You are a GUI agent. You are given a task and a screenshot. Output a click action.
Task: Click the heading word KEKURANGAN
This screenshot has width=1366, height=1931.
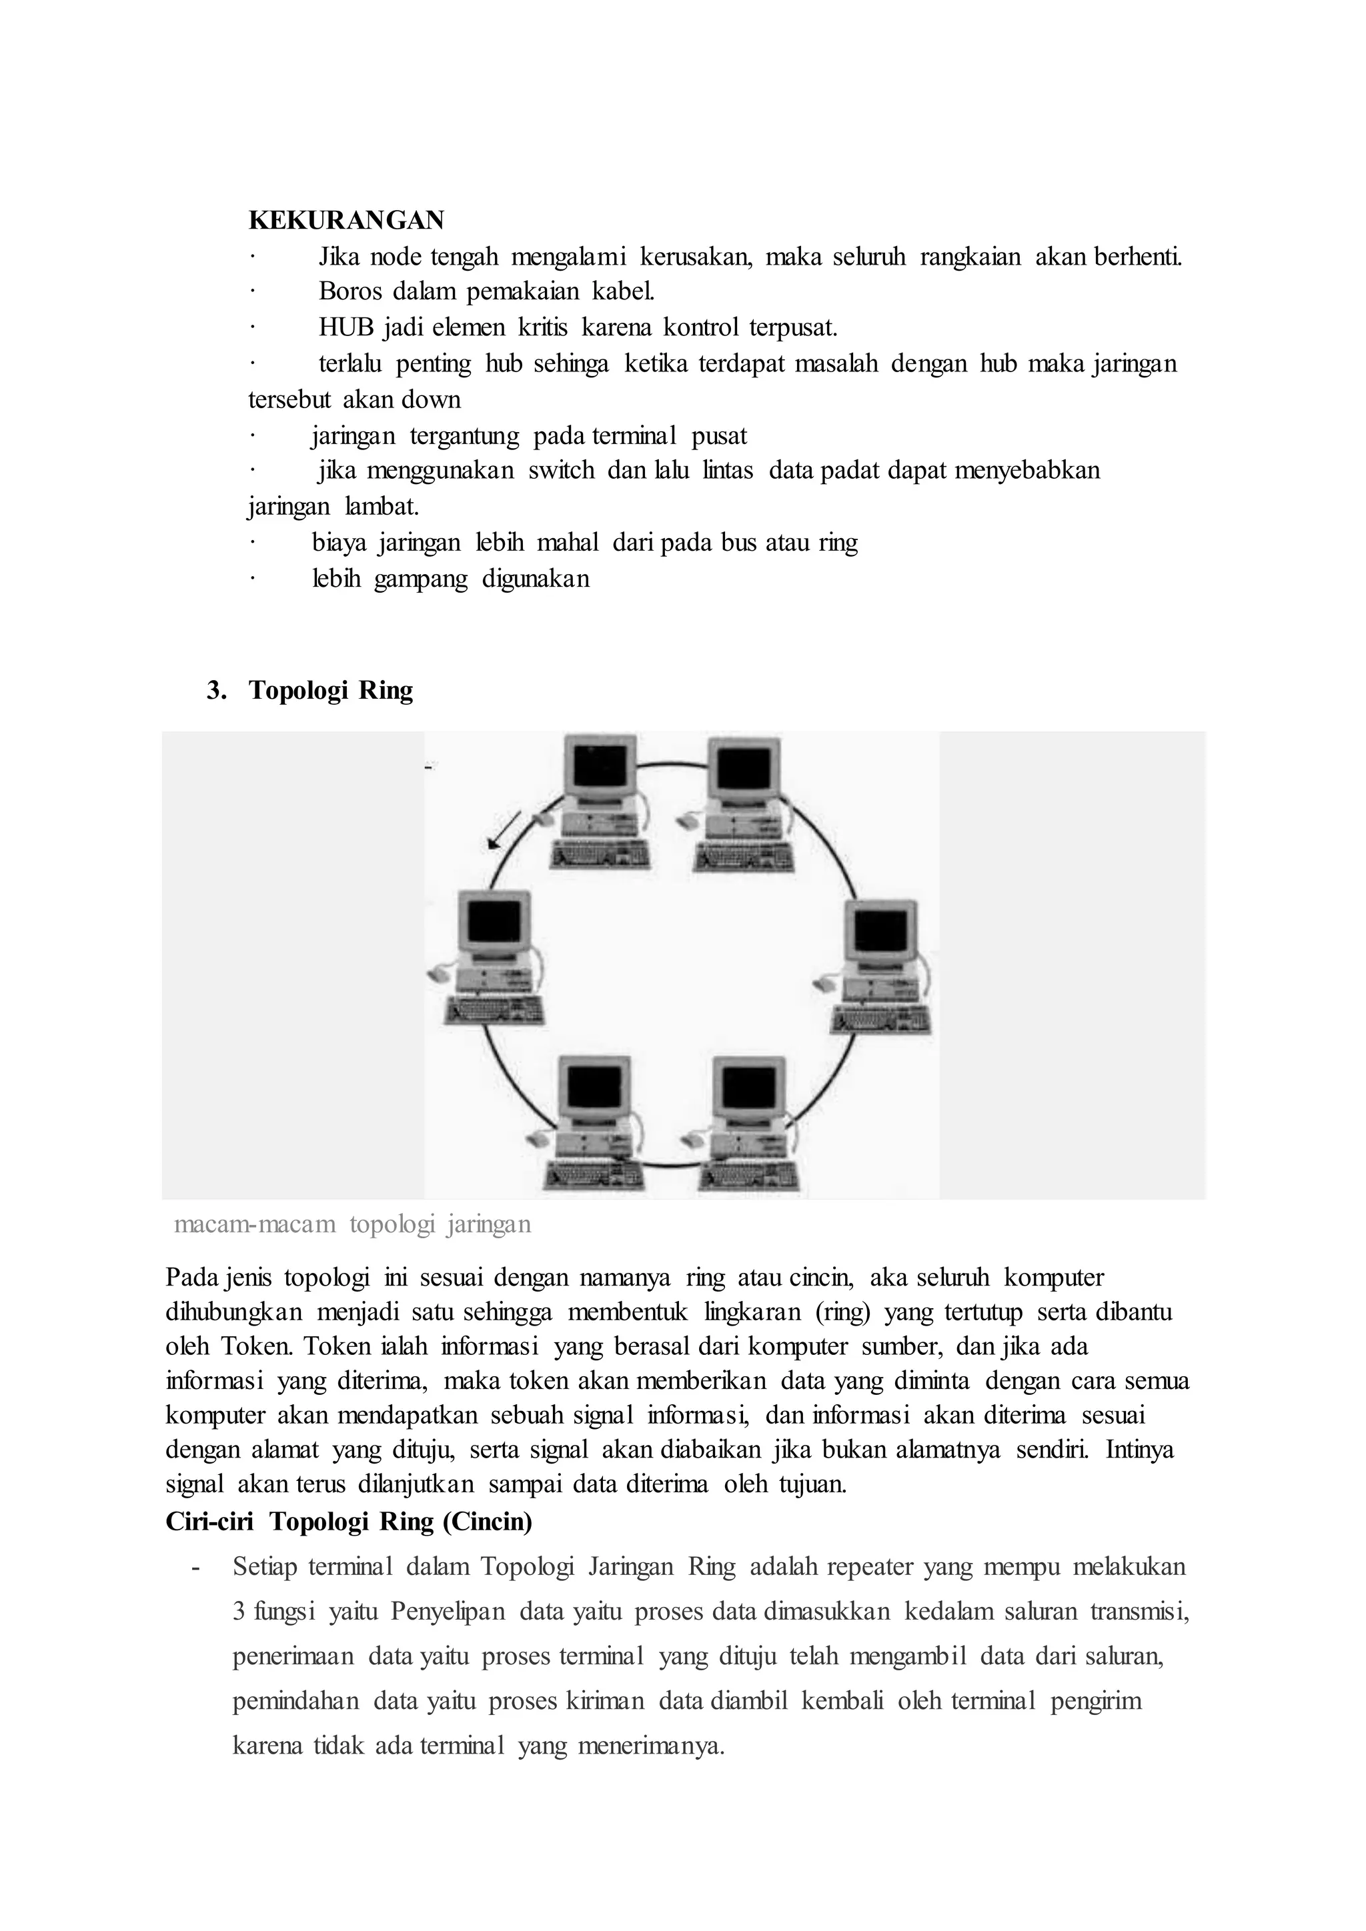pos(346,220)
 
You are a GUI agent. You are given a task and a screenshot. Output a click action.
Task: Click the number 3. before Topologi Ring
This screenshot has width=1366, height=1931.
pos(217,691)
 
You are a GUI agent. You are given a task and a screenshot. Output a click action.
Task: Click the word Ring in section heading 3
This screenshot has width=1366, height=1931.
pos(386,691)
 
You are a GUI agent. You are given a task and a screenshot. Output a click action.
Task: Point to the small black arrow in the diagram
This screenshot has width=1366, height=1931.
pos(504,831)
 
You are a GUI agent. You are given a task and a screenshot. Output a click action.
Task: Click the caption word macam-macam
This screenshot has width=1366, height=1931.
pos(254,1224)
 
